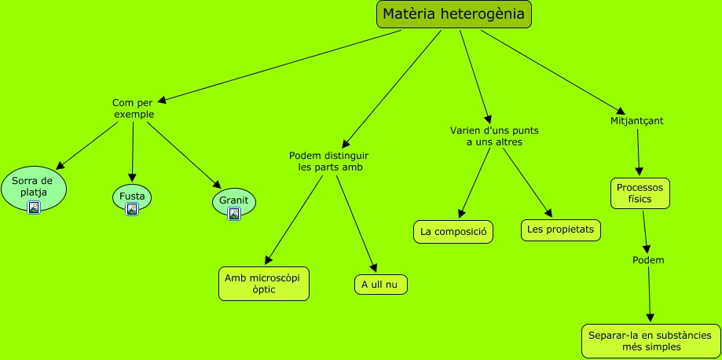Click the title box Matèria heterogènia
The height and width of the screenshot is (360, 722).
(x=454, y=14)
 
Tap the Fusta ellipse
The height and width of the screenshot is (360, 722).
(x=131, y=196)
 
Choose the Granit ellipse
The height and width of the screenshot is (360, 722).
(x=233, y=200)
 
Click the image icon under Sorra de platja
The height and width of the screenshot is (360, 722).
(x=33, y=208)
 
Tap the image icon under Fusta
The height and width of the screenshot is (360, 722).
(x=132, y=209)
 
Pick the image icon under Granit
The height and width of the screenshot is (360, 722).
(x=233, y=214)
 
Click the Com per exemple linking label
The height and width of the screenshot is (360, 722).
(x=134, y=108)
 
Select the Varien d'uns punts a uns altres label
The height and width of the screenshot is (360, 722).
(x=494, y=136)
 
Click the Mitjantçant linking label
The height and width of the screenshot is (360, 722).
(x=636, y=121)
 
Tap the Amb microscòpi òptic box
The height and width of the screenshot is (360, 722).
(x=264, y=284)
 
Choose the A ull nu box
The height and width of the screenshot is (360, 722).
(x=381, y=284)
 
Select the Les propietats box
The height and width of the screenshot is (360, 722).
(x=561, y=230)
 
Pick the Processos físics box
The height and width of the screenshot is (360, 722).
(x=640, y=193)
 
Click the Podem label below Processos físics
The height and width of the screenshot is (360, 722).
(x=648, y=260)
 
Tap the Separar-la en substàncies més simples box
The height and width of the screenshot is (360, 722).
(x=651, y=341)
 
